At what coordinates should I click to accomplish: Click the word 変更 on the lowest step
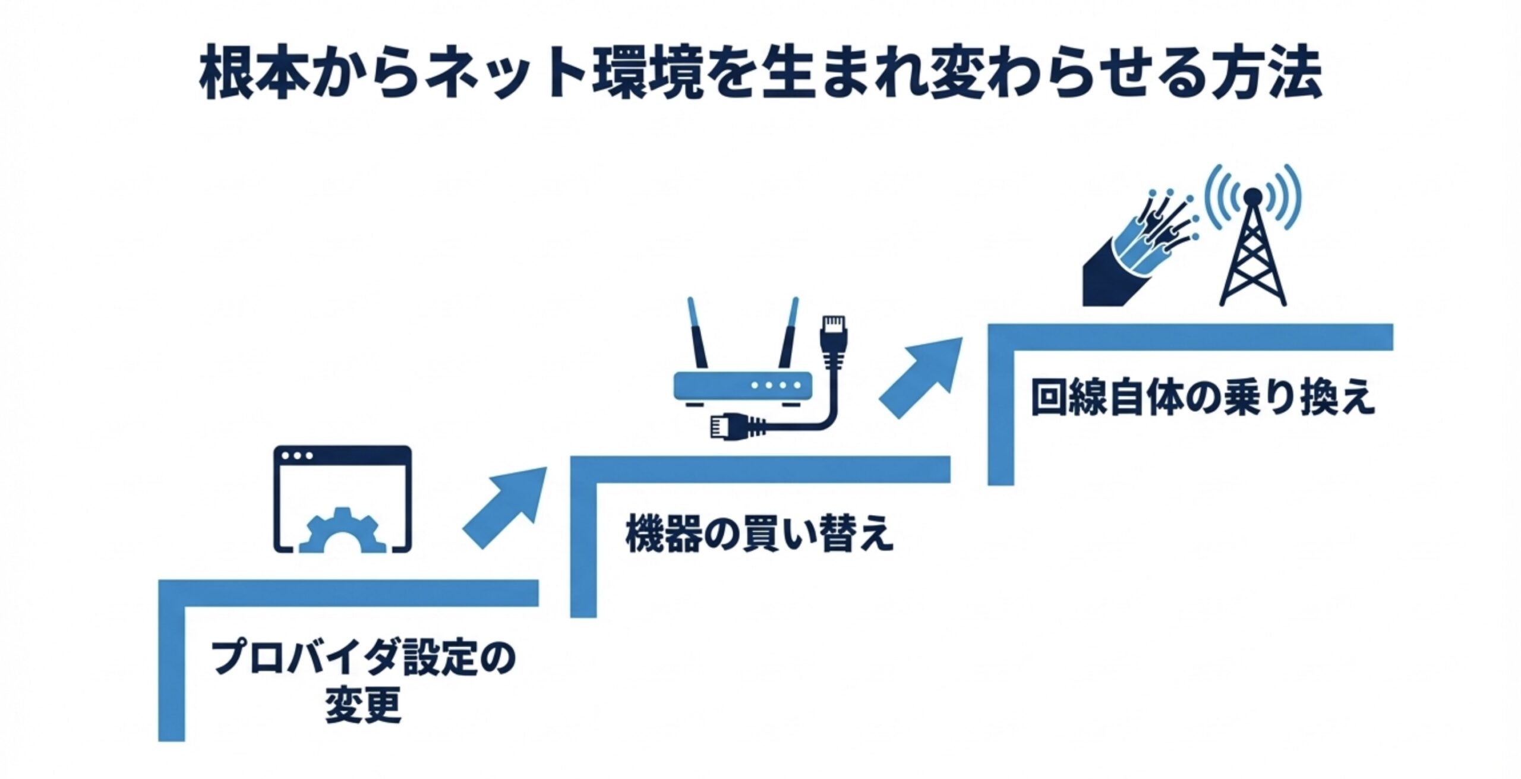coord(363,705)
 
